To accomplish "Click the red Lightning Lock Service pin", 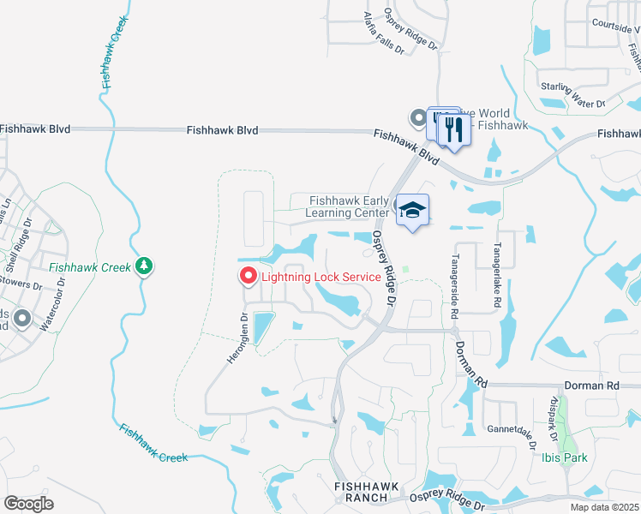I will (x=248, y=276).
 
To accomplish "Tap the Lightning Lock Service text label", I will (x=320, y=277).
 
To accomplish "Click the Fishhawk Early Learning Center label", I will (x=350, y=206).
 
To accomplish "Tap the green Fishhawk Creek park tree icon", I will (x=145, y=266).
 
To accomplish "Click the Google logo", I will (x=28, y=504).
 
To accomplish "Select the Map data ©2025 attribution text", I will (x=604, y=507).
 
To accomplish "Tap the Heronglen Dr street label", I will (x=237, y=338).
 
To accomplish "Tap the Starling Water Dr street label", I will (x=572, y=94).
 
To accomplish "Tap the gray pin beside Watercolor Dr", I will (x=22, y=319).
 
